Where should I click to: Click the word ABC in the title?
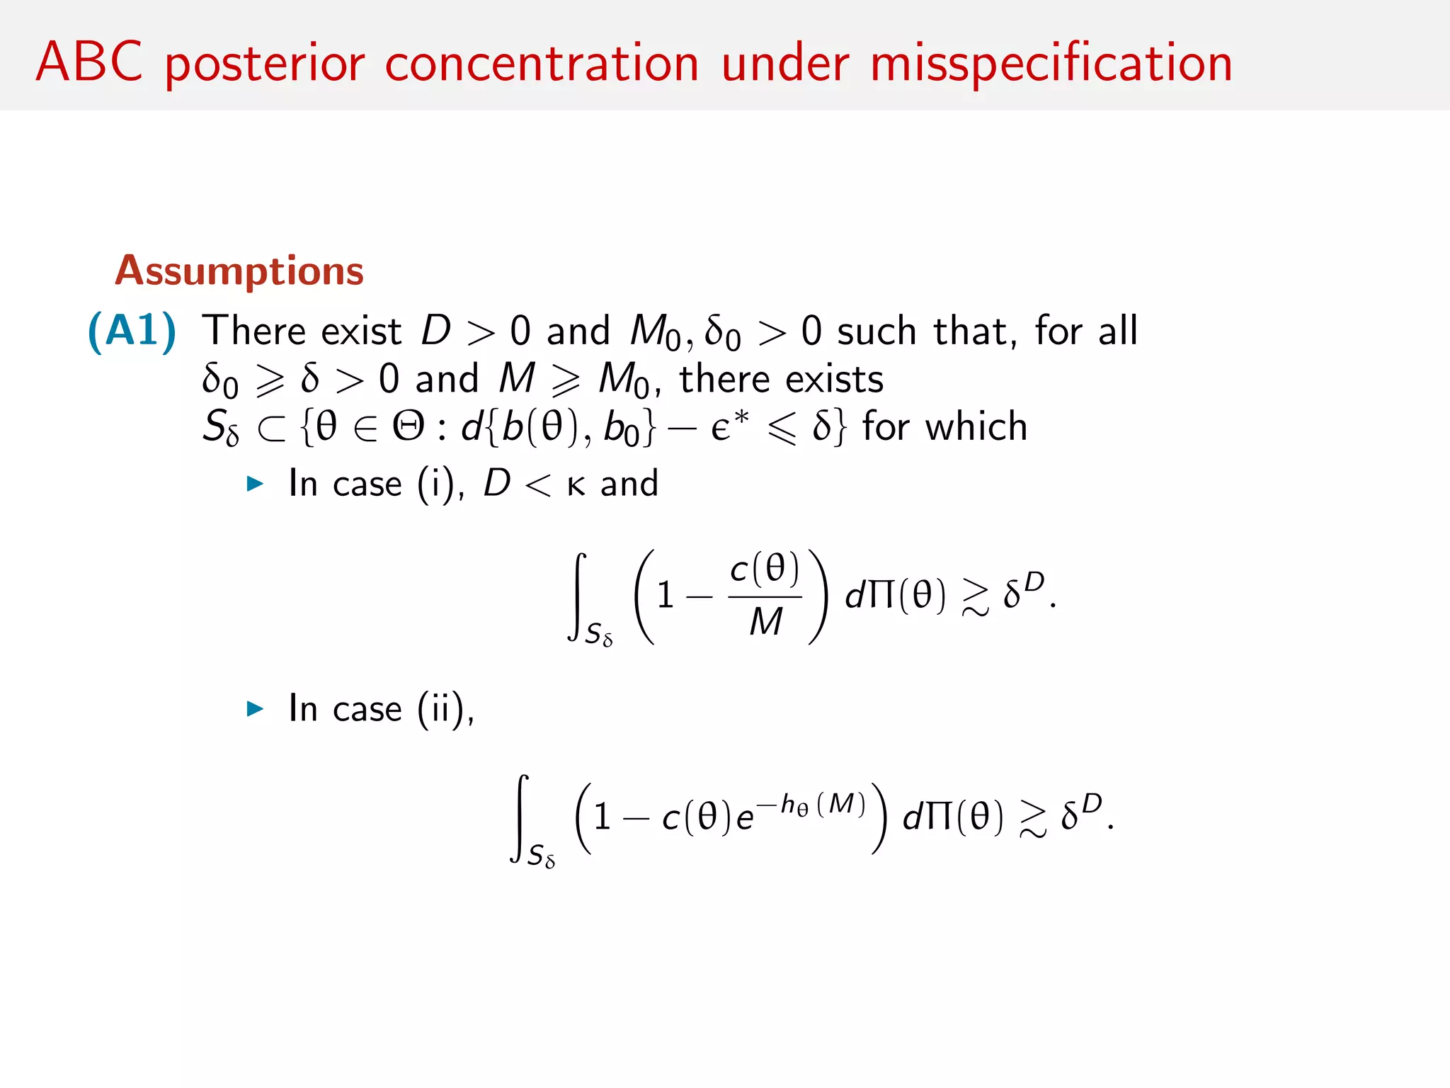89,62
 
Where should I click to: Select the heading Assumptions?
239,271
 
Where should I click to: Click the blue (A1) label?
132,331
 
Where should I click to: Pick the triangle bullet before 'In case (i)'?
255,484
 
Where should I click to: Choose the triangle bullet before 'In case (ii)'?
255,708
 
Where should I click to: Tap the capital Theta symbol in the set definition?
409,426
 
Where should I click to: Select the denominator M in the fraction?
765,622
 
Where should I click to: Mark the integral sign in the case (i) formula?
578,596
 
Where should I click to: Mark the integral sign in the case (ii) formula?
520,818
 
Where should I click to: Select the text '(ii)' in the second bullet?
444,708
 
